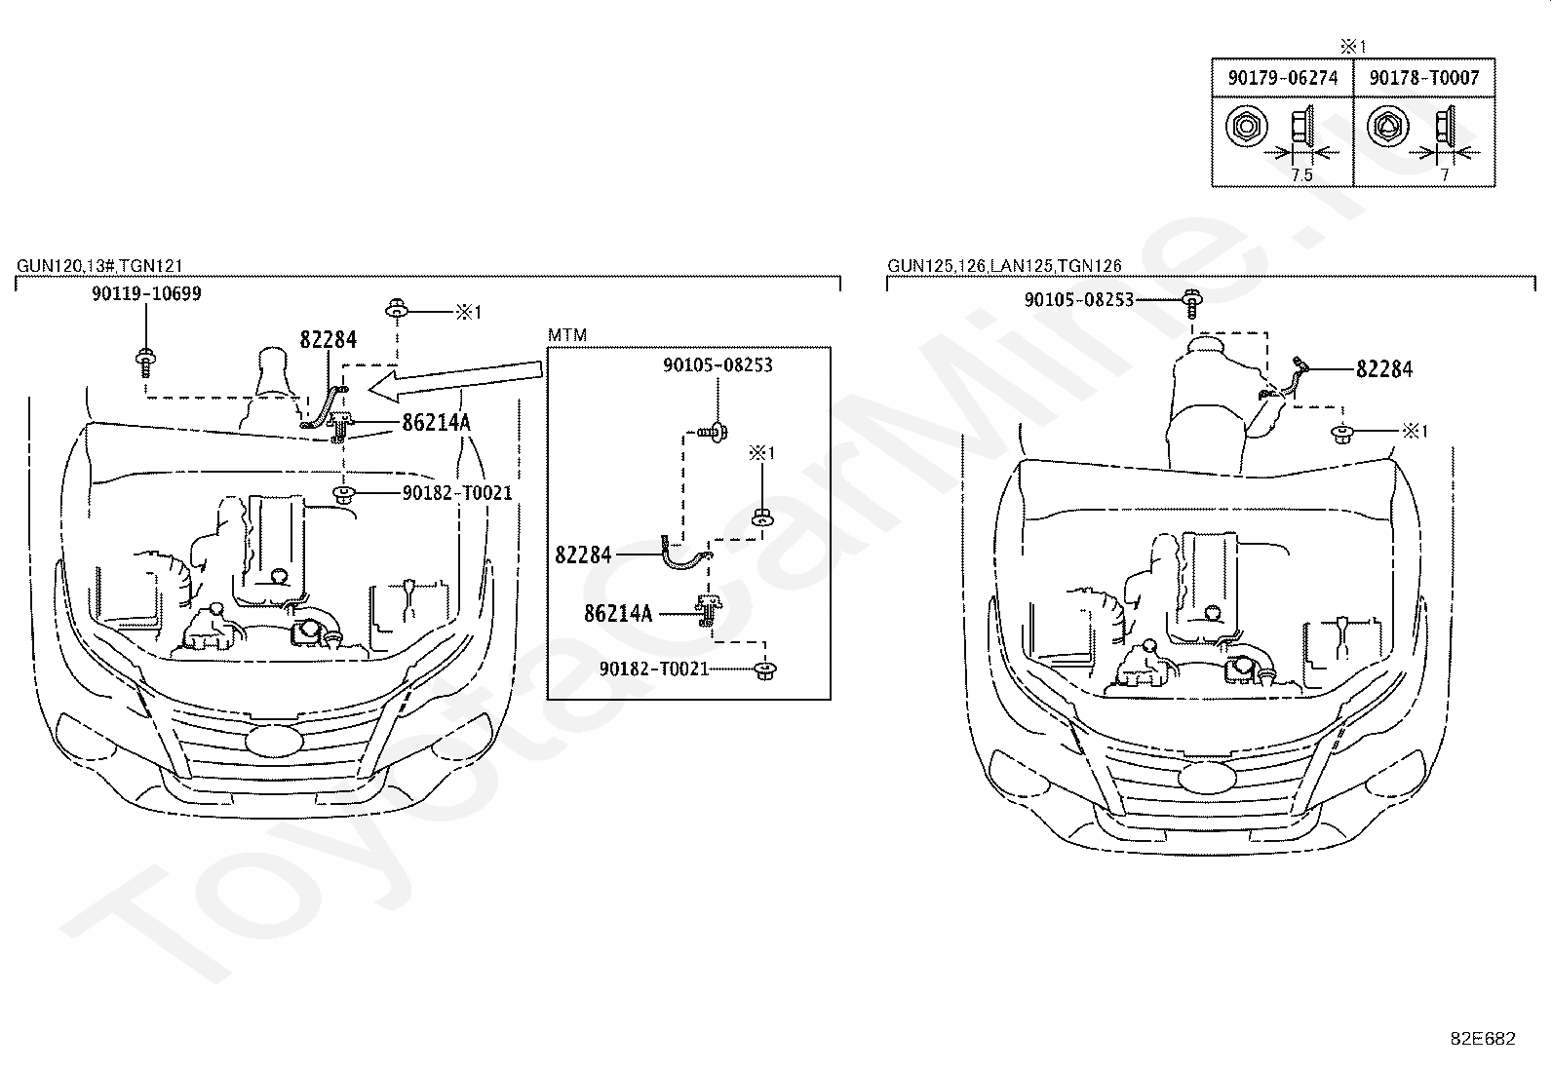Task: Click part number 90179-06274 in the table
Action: click(x=1283, y=78)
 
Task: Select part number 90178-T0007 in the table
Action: click(x=1424, y=78)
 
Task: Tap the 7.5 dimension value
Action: click(x=1301, y=175)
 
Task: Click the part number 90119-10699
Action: click(x=147, y=293)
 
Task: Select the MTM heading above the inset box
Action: click(x=566, y=335)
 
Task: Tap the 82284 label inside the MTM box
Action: click(x=583, y=555)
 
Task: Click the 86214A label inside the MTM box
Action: click(x=618, y=614)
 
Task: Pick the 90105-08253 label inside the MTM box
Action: click(x=718, y=365)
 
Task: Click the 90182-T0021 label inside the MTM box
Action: click(x=654, y=669)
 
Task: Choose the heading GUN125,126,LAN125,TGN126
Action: click(x=1005, y=265)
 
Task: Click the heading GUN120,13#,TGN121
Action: click(x=99, y=265)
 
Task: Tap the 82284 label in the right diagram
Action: click(x=1384, y=369)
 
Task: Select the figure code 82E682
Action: click(x=1483, y=1039)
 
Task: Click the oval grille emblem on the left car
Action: click(x=275, y=741)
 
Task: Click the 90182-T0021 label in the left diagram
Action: click(x=457, y=493)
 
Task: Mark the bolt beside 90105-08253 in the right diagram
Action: click(x=1192, y=304)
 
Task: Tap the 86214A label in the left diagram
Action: click(x=437, y=422)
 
